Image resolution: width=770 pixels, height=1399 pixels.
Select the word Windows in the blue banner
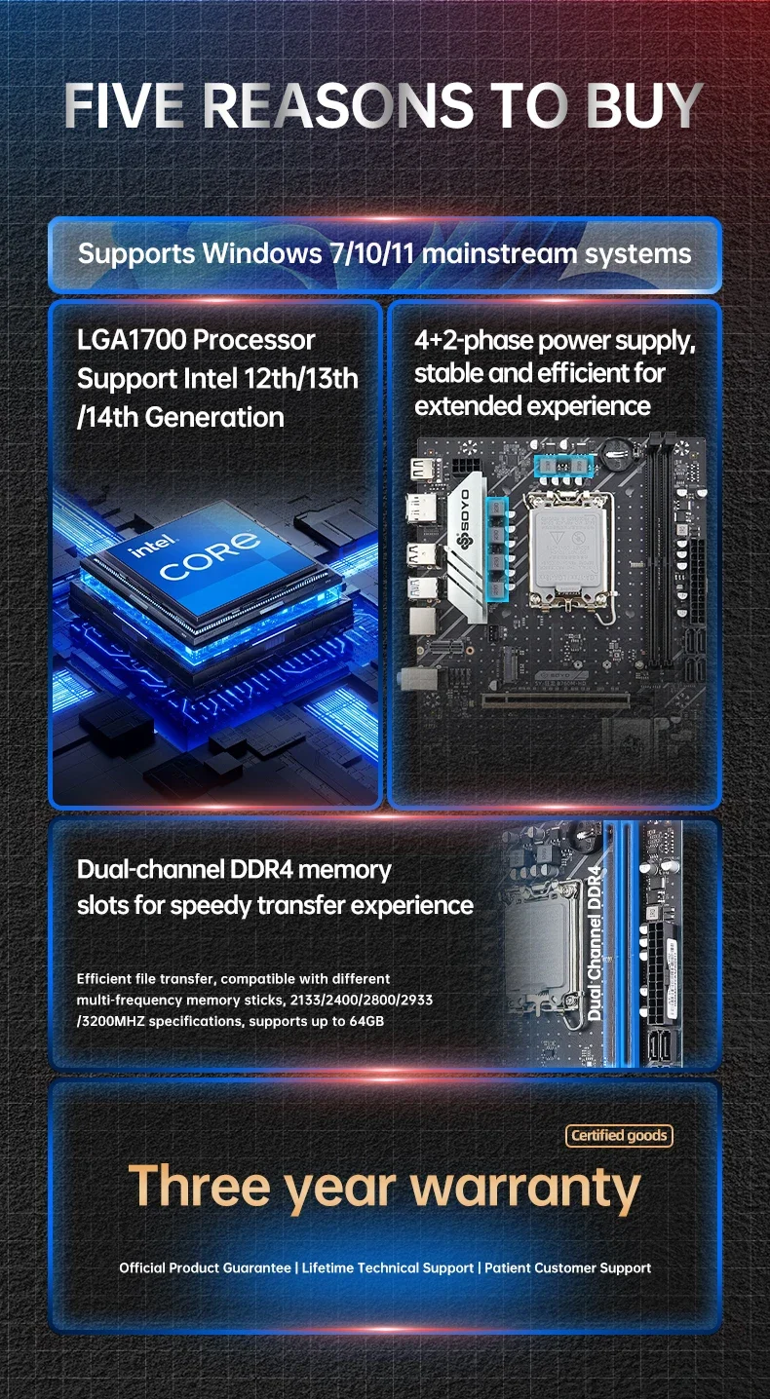point(262,253)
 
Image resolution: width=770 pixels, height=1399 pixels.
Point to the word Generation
point(214,417)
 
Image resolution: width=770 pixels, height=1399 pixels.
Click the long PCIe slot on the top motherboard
point(556,699)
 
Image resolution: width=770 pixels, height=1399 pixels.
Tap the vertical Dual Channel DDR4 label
point(595,942)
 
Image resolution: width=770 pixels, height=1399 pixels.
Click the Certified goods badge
point(619,1135)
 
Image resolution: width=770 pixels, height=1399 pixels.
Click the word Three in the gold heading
point(200,1185)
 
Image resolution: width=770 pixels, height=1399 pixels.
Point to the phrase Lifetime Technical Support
point(388,1267)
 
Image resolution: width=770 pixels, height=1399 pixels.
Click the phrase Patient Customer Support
point(567,1267)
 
